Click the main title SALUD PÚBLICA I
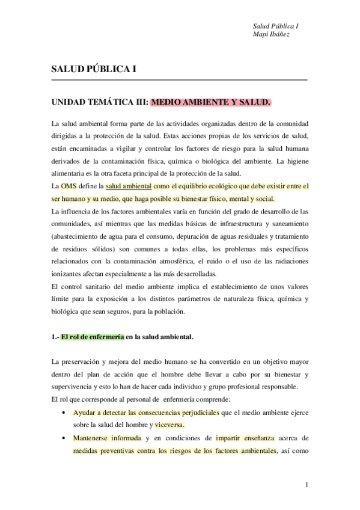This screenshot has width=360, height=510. (x=93, y=69)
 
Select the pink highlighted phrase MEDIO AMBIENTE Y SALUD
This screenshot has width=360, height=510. (x=210, y=103)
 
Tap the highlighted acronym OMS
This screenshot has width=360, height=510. (x=69, y=187)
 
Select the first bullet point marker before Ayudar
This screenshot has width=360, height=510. (x=64, y=413)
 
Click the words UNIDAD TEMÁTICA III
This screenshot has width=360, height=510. (x=99, y=103)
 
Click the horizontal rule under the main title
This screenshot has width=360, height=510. (x=179, y=81)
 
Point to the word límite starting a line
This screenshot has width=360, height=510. (x=60, y=299)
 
